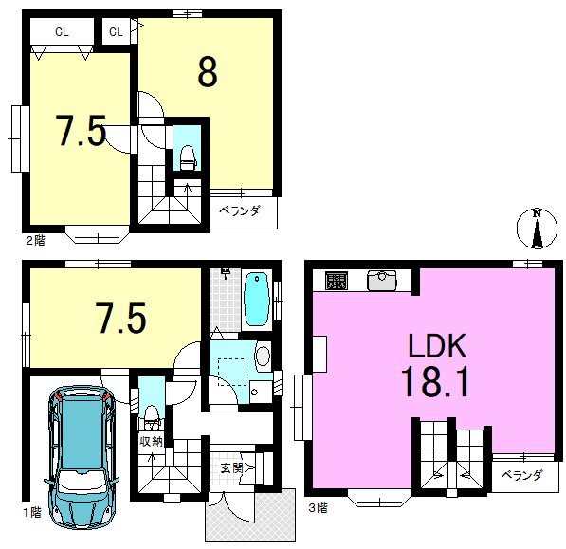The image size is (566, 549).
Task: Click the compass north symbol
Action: point(537,229)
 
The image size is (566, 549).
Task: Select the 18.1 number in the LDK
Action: point(436,380)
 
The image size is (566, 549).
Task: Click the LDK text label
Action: point(437,345)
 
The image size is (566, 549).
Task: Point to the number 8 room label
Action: point(208,72)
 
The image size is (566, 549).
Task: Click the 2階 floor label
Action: point(35,241)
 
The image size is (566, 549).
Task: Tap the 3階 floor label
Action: point(318,508)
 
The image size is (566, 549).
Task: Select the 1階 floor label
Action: point(32,512)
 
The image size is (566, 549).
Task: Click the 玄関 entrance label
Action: point(231,468)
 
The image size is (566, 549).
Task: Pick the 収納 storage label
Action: point(152,441)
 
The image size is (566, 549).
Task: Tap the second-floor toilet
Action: point(188,157)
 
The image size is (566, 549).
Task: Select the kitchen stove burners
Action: point(337,281)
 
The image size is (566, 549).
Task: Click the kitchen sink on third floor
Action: point(381,281)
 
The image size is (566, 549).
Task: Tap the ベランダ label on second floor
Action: point(240,210)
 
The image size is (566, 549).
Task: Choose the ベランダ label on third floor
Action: point(522,475)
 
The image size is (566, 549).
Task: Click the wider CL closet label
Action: point(62,32)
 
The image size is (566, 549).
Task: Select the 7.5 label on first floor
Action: point(121,318)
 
